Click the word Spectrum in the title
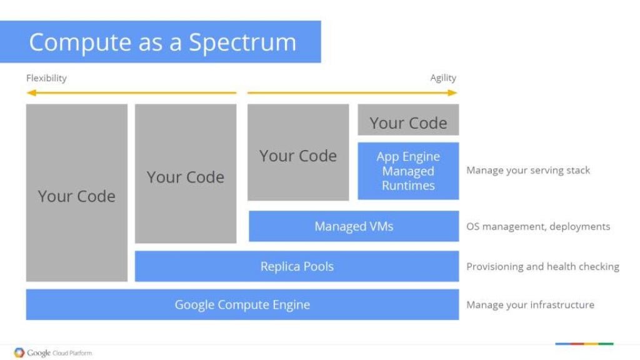(x=242, y=42)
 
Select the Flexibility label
(x=46, y=78)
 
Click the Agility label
(x=443, y=78)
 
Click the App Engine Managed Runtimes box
(x=408, y=171)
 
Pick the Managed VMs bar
(x=354, y=226)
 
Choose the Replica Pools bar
(x=297, y=266)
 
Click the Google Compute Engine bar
(x=242, y=305)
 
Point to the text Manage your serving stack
(x=528, y=170)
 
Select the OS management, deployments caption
(x=538, y=226)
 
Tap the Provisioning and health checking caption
(x=542, y=266)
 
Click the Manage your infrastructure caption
(x=530, y=305)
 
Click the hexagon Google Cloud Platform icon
(x=19, y=352)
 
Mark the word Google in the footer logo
(x=39, y=353)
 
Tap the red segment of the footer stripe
(x=576, y=344)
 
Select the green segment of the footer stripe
(x=606, y=344)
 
